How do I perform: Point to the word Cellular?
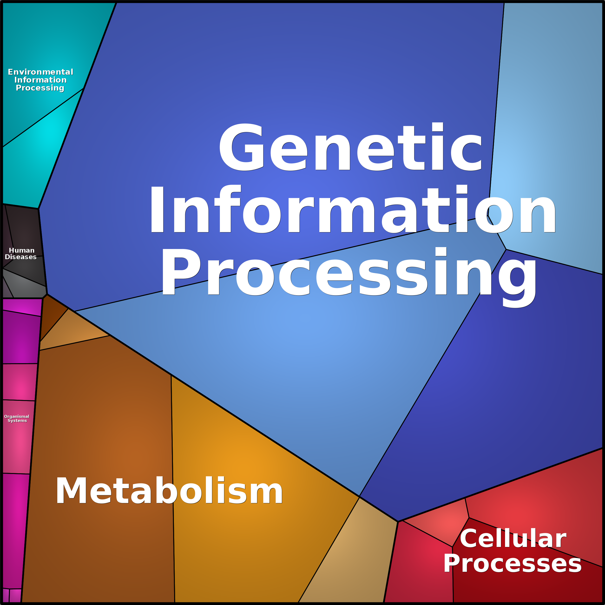[x=513, y=538]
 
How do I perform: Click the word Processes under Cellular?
[x=512, y=563]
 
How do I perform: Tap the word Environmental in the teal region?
[x=40, y=72]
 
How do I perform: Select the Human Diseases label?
[x=21, y=253]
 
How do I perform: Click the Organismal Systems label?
[x=17, y=418]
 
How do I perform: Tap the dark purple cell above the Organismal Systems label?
[x=20, y=337]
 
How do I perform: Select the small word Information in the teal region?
[x=40, y=80]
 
